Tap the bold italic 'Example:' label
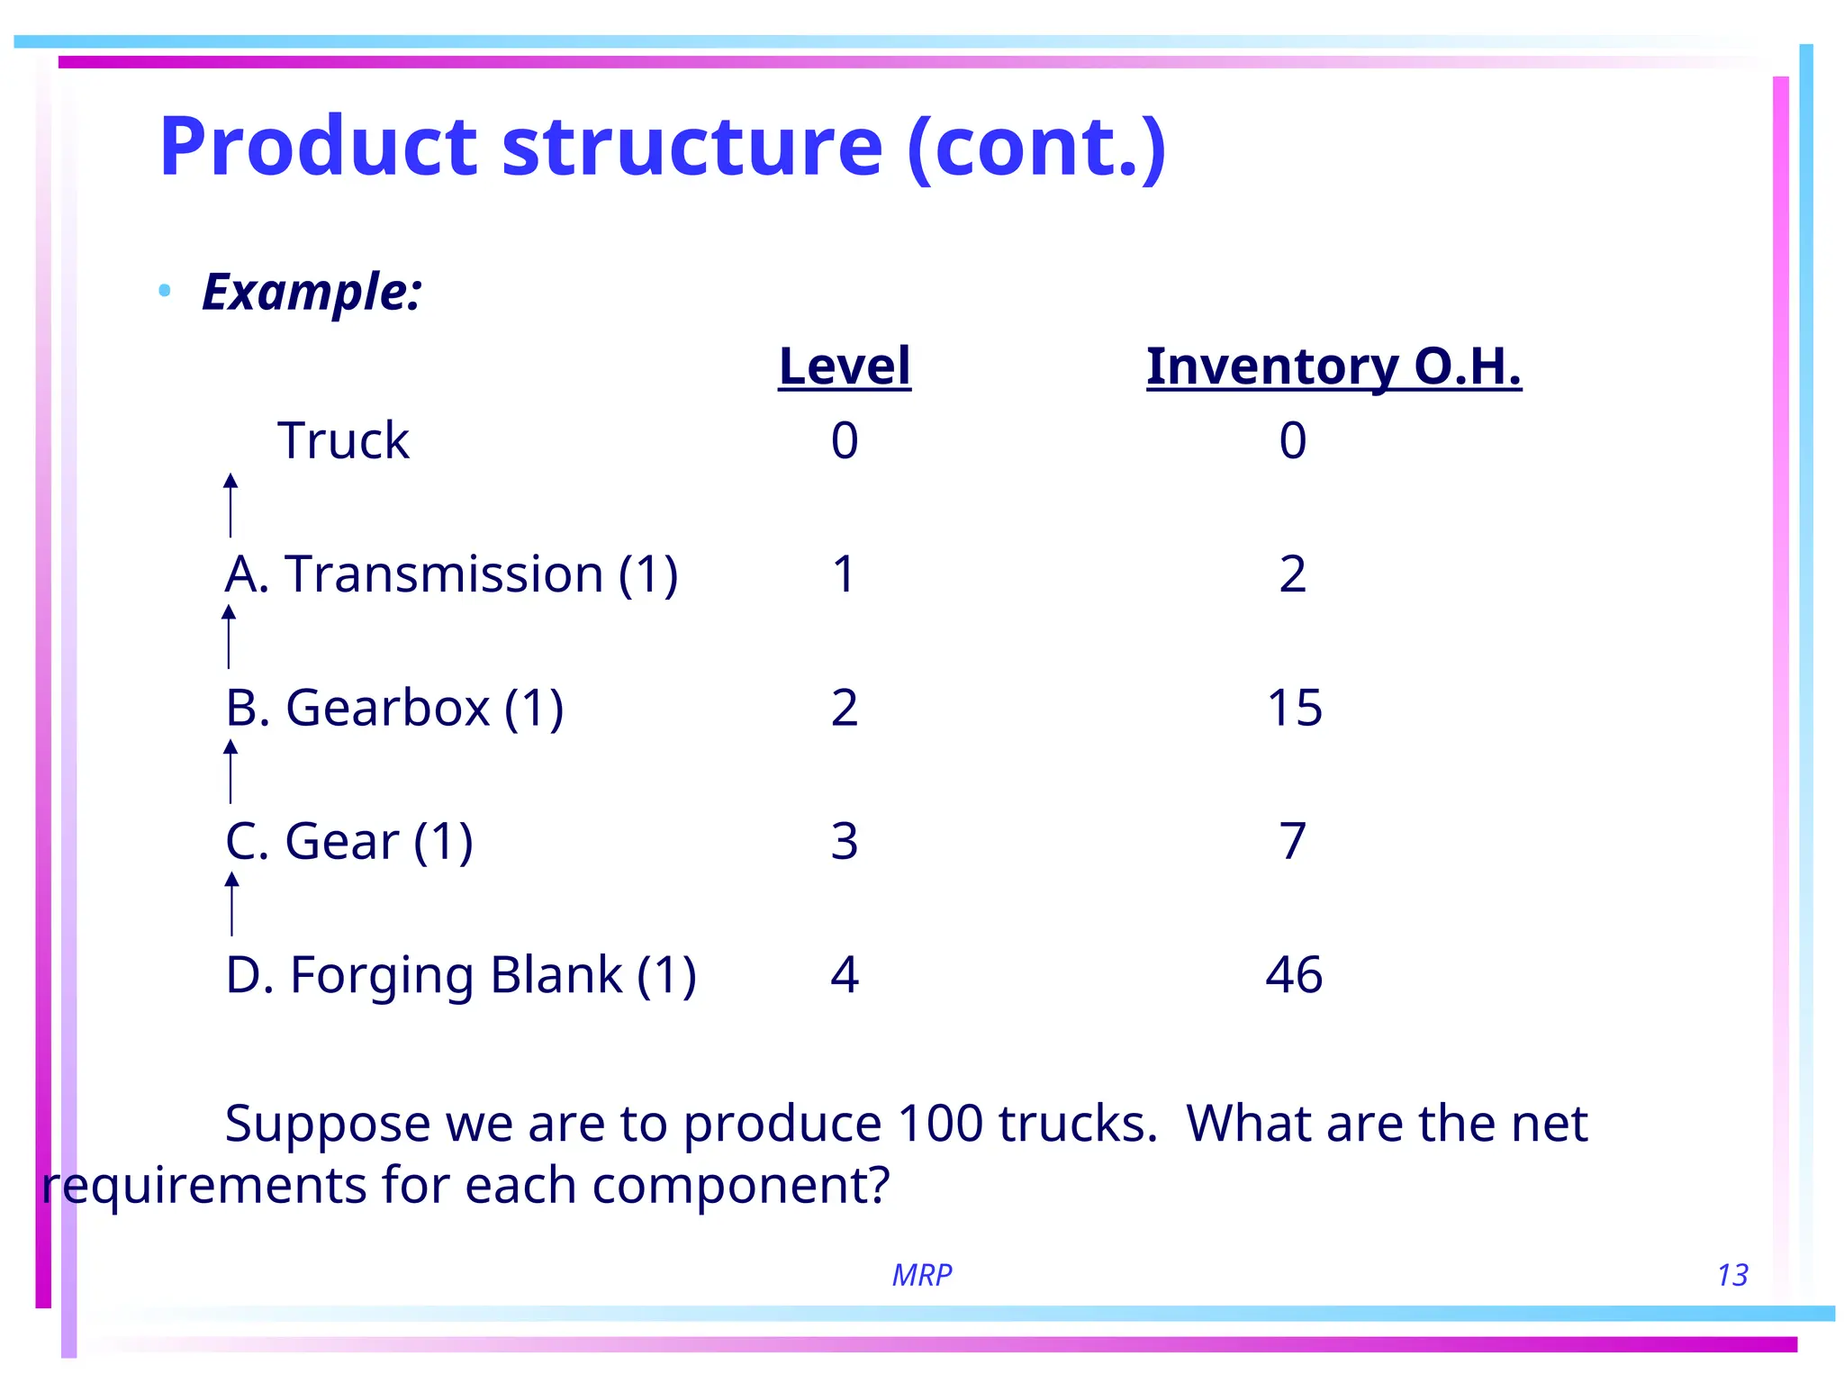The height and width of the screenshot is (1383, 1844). point(312,292)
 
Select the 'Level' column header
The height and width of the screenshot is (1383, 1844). point(844,366)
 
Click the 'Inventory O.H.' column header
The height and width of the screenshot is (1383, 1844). point(1333,366)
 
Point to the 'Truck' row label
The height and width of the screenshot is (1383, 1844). point(342,440)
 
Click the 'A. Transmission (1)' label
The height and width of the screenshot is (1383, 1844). point(450,574)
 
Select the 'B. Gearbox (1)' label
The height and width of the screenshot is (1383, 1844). point(393,707)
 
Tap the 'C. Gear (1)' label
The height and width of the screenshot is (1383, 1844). point(348,841)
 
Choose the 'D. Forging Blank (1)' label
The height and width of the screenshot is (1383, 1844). point(460,975)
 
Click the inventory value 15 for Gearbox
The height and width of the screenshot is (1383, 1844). point(1294,707)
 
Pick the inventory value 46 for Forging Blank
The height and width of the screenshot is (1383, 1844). point(1293,974)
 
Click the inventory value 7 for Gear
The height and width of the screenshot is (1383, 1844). point(1292,841)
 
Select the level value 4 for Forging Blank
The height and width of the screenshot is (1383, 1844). point(844,974)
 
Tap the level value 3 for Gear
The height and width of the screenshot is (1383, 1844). point(844,841)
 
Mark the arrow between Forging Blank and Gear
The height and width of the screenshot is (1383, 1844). point(231,903)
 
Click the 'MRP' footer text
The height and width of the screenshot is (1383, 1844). point(921,1275)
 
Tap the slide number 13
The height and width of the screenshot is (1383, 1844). point(1731,1275)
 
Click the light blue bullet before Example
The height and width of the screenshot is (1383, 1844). point(164,290)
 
